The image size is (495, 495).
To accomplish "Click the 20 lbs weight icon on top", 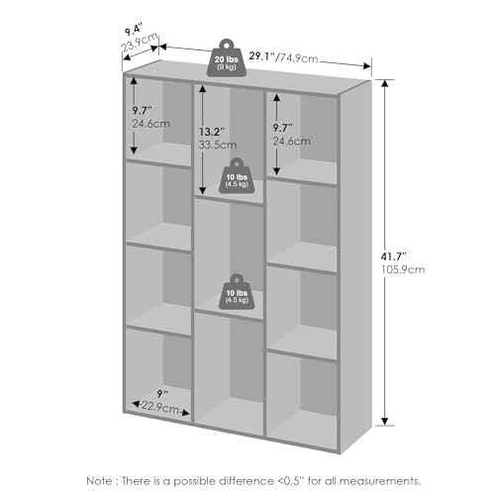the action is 227,58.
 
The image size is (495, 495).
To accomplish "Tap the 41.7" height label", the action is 393,256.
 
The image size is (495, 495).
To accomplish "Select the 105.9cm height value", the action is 403,269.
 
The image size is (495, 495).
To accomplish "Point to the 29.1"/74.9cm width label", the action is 283,57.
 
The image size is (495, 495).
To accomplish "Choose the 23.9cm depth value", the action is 140,43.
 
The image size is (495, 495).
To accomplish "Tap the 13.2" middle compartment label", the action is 212,132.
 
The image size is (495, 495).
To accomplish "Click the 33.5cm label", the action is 218,145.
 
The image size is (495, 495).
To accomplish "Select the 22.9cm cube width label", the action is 160,408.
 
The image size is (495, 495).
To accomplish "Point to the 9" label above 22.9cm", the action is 162,393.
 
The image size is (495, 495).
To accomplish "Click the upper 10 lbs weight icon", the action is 237,175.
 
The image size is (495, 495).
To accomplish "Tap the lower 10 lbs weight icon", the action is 237,292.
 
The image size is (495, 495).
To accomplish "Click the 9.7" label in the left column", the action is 142,110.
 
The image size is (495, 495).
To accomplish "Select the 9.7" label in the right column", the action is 282,128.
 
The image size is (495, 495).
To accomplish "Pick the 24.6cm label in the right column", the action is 292,142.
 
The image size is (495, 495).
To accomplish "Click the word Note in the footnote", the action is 99,480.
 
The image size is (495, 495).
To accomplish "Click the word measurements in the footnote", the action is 380,481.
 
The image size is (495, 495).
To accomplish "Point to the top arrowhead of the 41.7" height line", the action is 384,83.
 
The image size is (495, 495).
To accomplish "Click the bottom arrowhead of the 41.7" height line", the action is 384,422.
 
